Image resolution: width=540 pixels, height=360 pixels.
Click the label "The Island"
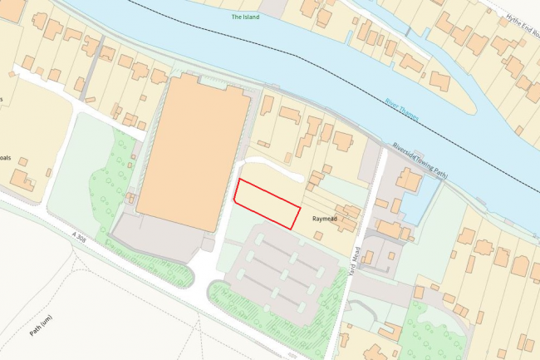(245, 17)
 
